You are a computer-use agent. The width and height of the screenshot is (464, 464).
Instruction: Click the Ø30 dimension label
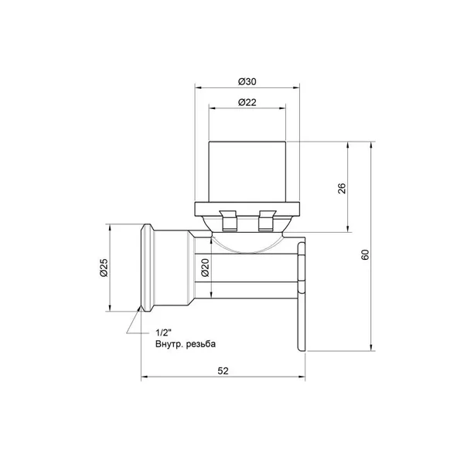(x=247, y=82)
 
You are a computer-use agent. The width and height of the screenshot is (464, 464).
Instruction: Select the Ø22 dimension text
(x=247, y=102)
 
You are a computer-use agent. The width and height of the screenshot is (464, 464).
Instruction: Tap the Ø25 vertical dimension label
(x=104, y=268)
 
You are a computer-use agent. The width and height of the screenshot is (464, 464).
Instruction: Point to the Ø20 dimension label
(x=205, y=268)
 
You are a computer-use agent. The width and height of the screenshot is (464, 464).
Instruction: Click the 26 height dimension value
(x=342, y=188)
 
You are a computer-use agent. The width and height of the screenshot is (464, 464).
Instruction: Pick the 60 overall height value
(x=366, y=254)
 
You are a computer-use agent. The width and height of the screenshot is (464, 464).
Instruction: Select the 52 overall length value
(x=223, y=370)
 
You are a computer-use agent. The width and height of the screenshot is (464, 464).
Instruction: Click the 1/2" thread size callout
(x=164, y=333)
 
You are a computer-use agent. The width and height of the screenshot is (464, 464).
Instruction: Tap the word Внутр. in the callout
(x=169, y=344)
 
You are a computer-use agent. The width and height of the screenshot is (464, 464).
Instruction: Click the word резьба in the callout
(x=201, y=344)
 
